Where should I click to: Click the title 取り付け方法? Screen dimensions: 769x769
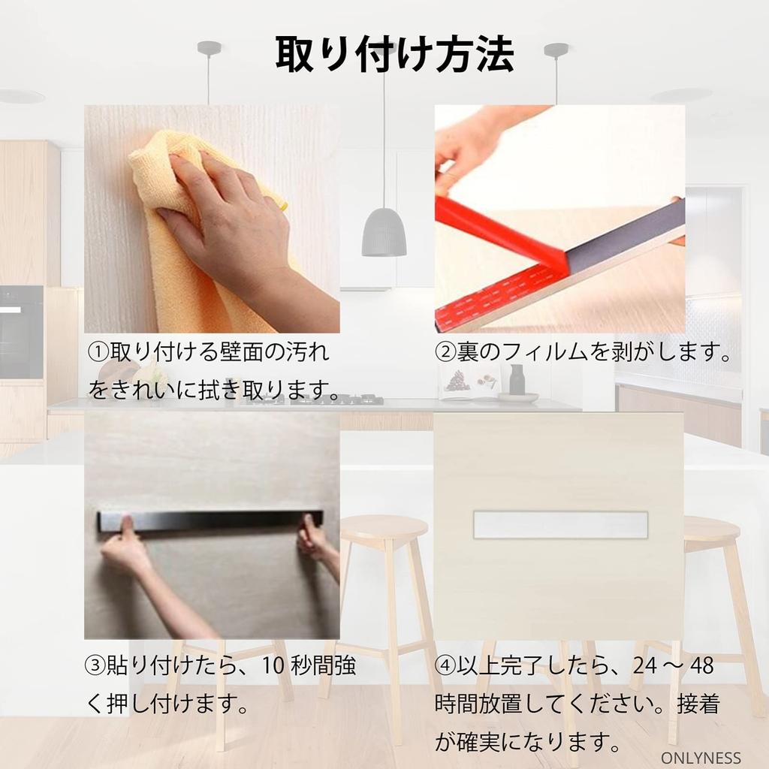(394, 54)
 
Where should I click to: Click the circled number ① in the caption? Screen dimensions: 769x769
(98, 351)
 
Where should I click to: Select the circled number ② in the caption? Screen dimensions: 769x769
(446, 351)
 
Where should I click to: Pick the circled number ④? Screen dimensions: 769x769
(445, 665)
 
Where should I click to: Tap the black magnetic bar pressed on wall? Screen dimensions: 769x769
(210, 520)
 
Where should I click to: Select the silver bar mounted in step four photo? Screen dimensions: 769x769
(560, 524)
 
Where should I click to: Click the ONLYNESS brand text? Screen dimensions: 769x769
(701, 758)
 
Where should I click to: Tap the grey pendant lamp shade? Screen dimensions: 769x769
(384, 233)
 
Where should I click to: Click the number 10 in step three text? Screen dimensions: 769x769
(275, 665)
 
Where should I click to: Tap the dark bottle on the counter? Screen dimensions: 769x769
(517, 380)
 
